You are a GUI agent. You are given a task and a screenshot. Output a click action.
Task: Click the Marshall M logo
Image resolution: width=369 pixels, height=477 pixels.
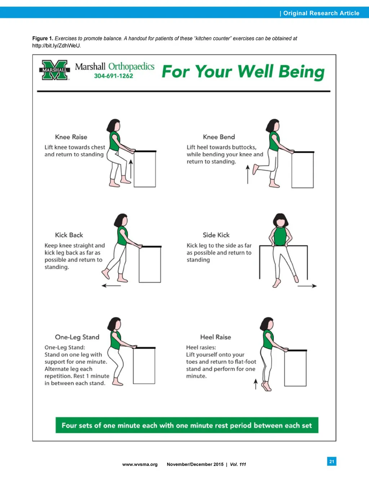(x=54, y=70)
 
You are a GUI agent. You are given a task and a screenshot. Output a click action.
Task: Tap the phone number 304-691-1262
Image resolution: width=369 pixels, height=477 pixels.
(x=114, y=76)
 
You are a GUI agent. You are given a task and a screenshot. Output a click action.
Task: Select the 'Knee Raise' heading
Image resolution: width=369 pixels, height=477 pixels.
(x=71, y=137)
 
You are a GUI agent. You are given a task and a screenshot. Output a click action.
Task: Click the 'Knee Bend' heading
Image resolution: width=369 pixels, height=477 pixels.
(x=219, y=137)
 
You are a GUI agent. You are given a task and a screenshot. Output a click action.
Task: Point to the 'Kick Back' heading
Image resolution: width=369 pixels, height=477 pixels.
(x=69, y=235)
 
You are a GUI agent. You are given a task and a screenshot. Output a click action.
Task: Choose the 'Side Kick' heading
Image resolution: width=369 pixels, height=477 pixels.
(x=216, y=235)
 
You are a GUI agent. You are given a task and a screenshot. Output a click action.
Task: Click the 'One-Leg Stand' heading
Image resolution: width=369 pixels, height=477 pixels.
(x=77, y=337)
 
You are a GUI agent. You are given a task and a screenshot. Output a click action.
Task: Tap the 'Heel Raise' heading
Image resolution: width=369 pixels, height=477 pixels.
(x=215, y=337)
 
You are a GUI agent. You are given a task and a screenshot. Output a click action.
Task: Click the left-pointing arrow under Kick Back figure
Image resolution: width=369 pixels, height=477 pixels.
(x=111, y=286)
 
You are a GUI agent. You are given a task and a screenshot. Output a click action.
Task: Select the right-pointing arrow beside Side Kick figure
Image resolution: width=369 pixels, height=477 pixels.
(x=307, y=286)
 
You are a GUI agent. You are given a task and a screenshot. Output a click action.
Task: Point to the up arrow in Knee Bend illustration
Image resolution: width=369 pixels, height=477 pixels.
(x=248, y=174)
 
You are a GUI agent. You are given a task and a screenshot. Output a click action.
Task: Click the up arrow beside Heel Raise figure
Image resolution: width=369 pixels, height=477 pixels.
(x=255, y=384)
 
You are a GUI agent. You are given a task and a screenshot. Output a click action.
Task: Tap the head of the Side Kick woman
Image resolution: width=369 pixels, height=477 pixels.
(x=280, y=221)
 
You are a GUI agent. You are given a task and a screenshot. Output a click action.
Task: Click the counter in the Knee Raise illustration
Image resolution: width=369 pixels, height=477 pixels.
(x=145, y=169)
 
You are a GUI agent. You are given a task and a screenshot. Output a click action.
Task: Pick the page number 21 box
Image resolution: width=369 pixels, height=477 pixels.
(x=332, y=461)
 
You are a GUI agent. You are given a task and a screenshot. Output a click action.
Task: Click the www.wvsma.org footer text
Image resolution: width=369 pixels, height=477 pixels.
(x=140, y=464)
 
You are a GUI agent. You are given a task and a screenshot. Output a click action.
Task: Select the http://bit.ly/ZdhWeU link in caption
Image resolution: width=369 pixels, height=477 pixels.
(x=56, y=46)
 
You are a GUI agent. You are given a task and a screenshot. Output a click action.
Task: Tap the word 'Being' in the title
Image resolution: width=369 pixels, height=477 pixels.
(x=301, y=72)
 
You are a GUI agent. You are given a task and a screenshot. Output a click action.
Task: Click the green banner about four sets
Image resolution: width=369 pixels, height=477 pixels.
(x=187, y=425)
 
